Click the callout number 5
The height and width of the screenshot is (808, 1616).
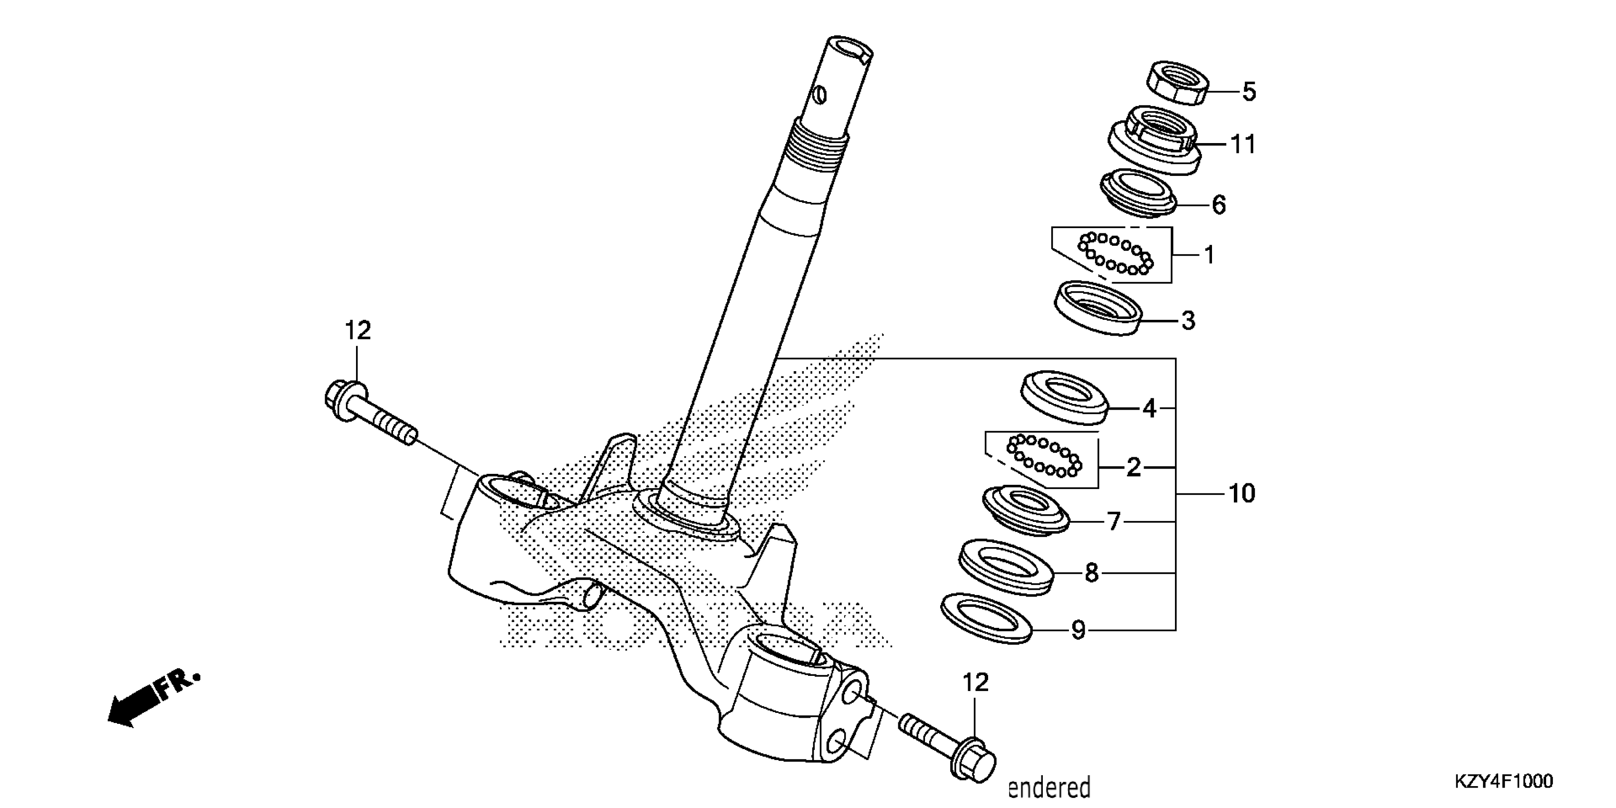point(1249,92)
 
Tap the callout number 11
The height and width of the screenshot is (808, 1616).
point(1243,145)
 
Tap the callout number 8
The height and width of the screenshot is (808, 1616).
point(1092,573)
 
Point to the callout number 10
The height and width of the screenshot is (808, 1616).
point(1241,494)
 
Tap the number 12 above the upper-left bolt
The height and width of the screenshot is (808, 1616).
point(357,331)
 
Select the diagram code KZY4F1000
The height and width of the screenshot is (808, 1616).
point(1504,781)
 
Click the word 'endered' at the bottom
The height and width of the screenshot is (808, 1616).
point(1049,787)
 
